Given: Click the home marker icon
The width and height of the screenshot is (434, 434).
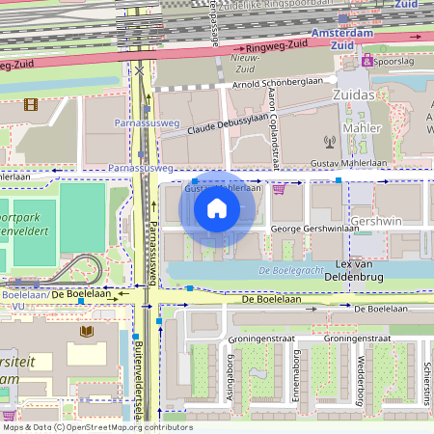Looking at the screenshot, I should [x=217, y=208].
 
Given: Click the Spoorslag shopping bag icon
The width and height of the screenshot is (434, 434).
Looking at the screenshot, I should [x=366, y=60].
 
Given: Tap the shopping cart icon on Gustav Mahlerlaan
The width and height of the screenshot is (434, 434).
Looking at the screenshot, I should [x=280, y=189].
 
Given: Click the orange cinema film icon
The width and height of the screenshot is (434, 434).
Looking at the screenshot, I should [x=31, y=104].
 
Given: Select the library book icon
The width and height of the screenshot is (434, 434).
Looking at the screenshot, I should [x=87, y=332].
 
